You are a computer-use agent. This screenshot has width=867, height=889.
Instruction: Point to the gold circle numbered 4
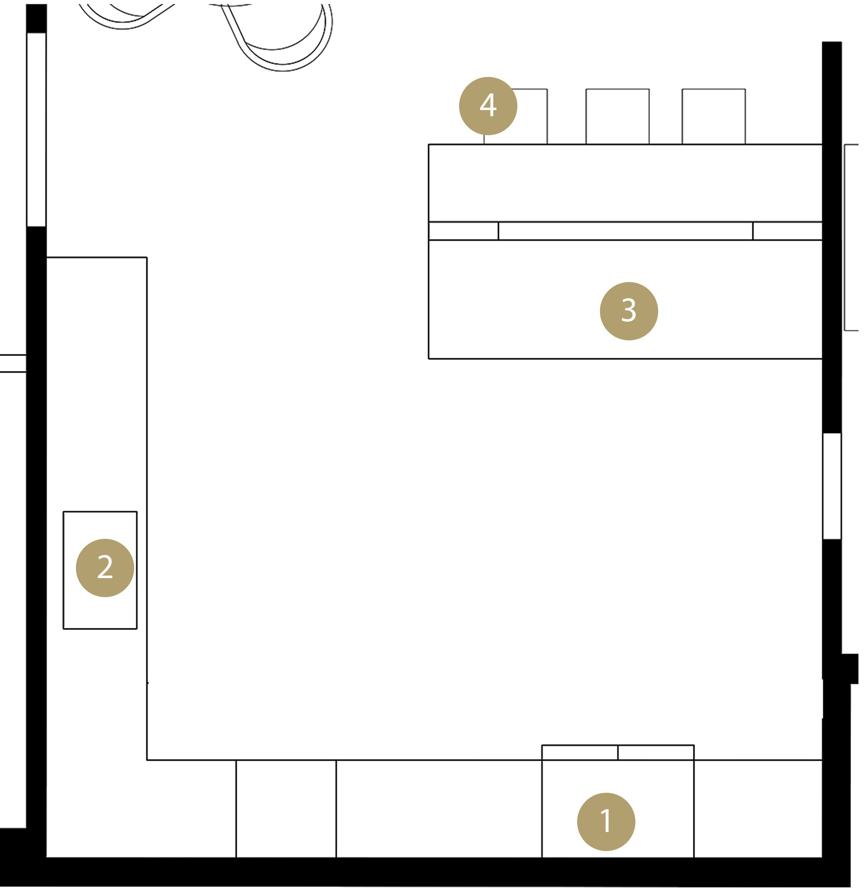493,106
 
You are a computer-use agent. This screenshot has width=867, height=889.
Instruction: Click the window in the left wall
36,130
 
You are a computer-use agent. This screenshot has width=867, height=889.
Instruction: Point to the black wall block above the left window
36,18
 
